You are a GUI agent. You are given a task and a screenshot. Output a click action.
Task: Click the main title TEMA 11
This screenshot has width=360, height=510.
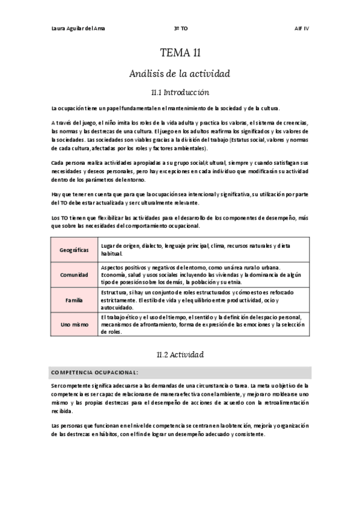pyautogui.click(x=180, y=53)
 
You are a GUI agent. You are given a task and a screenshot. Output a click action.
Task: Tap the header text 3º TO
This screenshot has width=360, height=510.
pyautogui.click(x=180, y=28)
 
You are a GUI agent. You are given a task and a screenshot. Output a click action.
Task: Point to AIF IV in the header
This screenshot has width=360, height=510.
pyautogui.click(x=301, y=28)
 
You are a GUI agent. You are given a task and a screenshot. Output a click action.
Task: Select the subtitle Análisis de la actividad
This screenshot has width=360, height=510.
pyautogui.click(x=180, y=73)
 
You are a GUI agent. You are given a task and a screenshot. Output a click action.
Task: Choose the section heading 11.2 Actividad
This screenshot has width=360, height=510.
pyautogui.click(x=180, y=354)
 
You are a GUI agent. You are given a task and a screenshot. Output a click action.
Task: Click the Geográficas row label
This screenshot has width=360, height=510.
pyautogui.click(x=75, y=250)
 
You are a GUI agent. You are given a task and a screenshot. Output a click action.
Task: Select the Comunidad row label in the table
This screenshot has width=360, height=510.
pyautogui.click(x=75, y=275)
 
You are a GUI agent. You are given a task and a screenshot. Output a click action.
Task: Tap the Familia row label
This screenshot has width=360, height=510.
pyautogui.click(x=75, y=300)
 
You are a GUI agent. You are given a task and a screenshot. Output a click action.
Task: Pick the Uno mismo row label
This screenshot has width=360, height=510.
pyautogui.click(x=75, y=325)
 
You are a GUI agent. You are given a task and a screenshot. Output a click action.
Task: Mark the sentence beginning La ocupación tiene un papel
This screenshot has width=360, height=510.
pyautogui.click(x=165, y=108)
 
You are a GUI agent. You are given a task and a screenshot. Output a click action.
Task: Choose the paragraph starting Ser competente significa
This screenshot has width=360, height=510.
pyautogui.click(x=180, y=398)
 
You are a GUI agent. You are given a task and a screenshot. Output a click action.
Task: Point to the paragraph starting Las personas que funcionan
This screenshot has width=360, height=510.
pyautogui.click(x=180, y=430)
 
